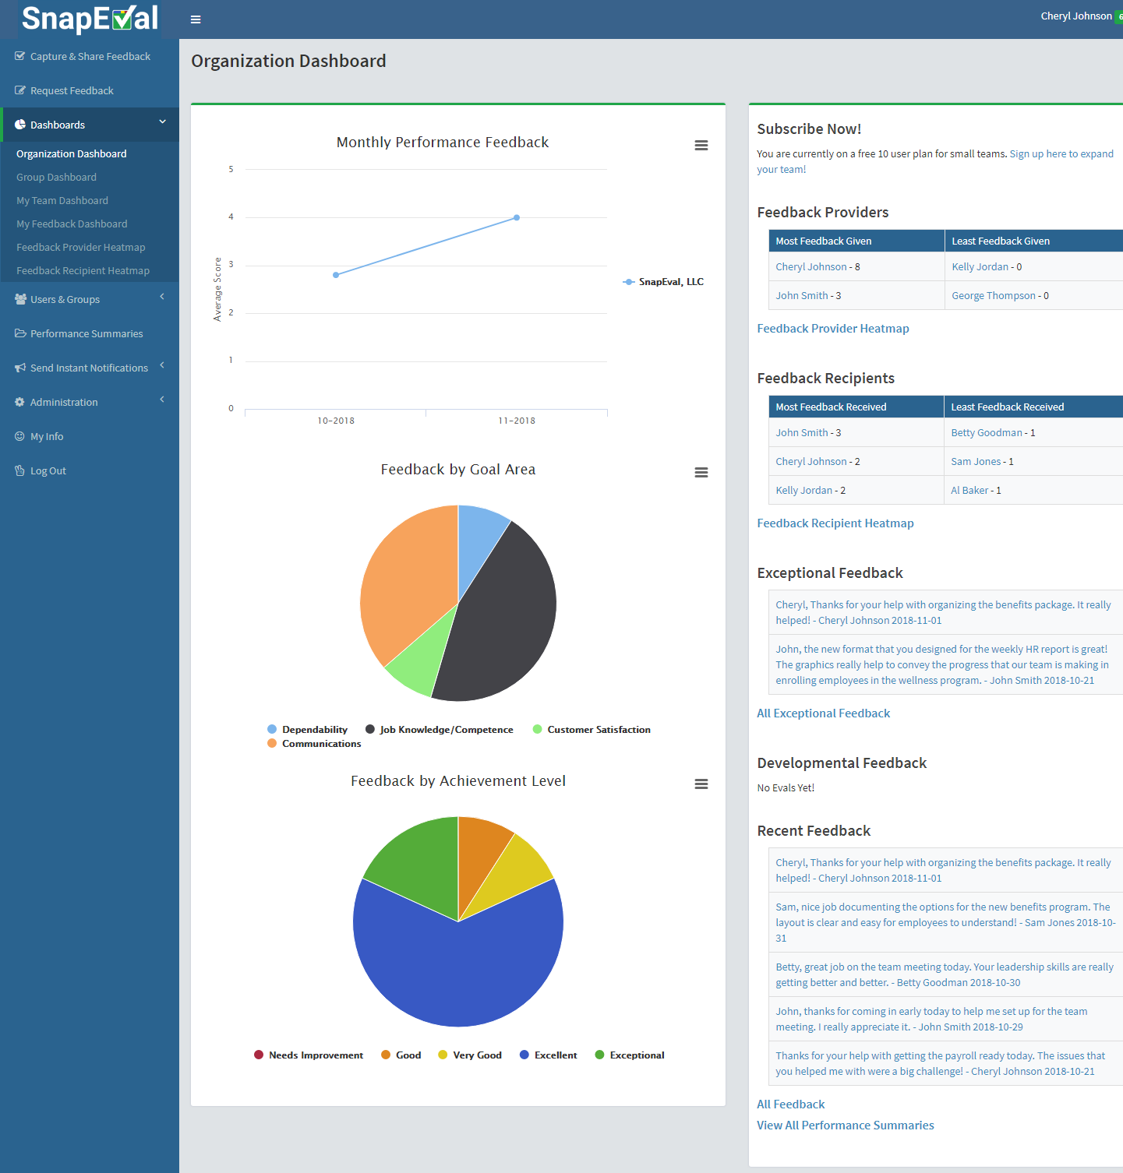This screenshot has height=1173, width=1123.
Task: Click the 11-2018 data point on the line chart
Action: coord(517,218)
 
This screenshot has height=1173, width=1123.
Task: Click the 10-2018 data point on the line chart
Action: coord(336,275)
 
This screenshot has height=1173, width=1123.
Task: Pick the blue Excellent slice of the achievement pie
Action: coord(458,966)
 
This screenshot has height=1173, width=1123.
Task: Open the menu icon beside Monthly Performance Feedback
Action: coord(701,146)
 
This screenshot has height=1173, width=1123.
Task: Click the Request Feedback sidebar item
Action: coord(72,91)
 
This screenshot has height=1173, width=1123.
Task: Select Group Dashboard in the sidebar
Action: coord(56,178)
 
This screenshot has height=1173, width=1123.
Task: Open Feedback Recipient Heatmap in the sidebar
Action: coord(83,271)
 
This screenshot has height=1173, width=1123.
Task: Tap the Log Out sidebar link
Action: coord(48,471)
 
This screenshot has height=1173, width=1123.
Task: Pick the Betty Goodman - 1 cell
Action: coord(993,433)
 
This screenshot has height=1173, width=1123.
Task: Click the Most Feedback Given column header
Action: coord(824,241)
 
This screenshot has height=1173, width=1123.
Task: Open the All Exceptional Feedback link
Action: coord(823,713)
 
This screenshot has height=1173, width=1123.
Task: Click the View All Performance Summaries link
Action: coord(845,1125)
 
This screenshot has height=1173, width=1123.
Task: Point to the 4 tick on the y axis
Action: coord(231,217)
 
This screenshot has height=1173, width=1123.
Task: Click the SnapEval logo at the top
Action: coord(90,19)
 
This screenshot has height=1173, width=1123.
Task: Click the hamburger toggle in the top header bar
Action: coord(196,19)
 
